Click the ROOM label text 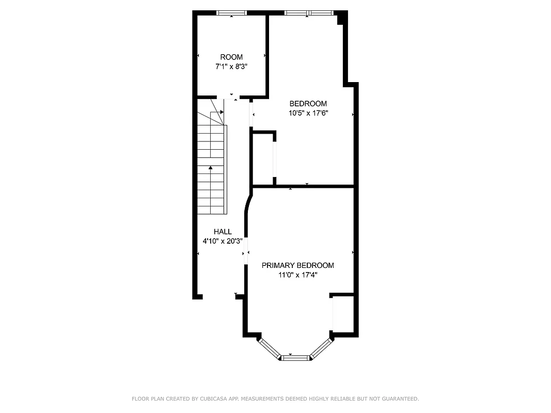pos(231,57)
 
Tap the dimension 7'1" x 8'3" pos(231,66)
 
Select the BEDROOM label pos(308,103)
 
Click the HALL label pos(223,232)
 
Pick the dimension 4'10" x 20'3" pos(223,241)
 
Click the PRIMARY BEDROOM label pos(297,265)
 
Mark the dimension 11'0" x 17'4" pos(297,275)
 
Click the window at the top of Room pos(231,13)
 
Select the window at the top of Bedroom pos(308,13)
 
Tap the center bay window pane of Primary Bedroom pos(295,357)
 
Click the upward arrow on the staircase pos(211,168)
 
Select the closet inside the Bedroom pos(262,157)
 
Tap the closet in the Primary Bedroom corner pos(342,314)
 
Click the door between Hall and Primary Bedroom pos(246,246)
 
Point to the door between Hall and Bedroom pos(251,115)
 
